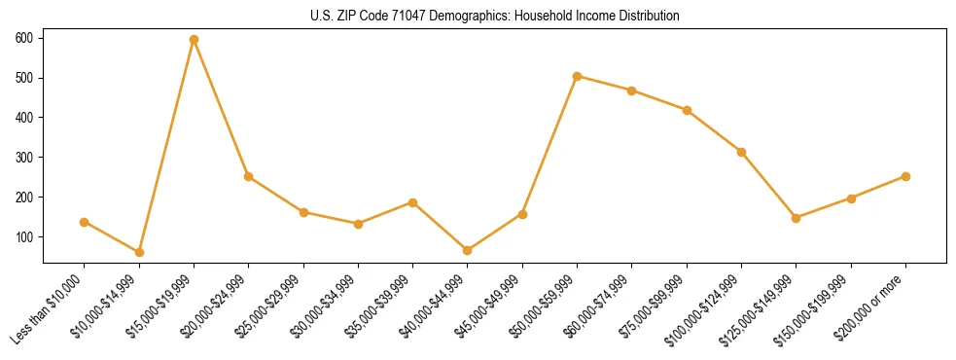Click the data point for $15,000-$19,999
tap(194, 40)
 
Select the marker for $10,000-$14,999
tap(139, 252)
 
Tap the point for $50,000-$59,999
tap(577, 76)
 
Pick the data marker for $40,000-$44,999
tap(468, 250)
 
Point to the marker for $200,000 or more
tap(905, 176)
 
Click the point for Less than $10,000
tap(85, 222)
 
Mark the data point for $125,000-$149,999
tap(797, 218)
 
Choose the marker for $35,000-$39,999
tap(412, 202)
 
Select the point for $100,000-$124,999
tap(741, 152)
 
